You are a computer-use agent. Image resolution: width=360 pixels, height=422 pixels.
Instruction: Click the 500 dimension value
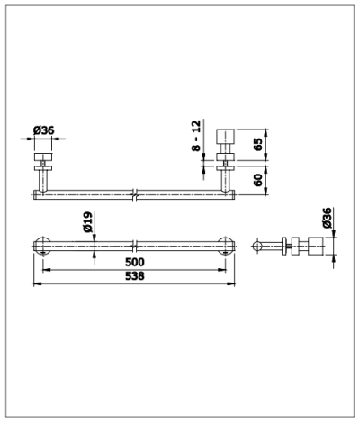pyautogui.click(x=135, y=262)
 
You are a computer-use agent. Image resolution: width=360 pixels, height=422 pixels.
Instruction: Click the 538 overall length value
pyautogui.click(x=135, y=275)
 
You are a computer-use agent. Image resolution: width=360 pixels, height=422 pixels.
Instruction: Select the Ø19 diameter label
pyautogui.click(x=88, y=222)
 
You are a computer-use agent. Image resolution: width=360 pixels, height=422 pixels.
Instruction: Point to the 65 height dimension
pyautogui.click(x=257, y=144)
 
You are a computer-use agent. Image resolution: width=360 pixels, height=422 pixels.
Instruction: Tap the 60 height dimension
pyautogui.click(x=257, y=180)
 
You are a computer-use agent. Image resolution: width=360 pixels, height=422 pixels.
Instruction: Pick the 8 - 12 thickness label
pyautogui.click(x=196, y=136)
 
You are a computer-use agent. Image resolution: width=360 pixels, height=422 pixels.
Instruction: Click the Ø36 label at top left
pyautogui.click(x=44, y=130)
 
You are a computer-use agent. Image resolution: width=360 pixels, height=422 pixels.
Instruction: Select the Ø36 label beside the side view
pyautogui.click(x=328, y=218)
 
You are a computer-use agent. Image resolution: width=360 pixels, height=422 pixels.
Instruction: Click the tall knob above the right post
pyautogui.click(x=226, y=137)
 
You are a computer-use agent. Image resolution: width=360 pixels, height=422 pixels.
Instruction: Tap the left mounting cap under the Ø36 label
pyautogui.click(x=43, y=157)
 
